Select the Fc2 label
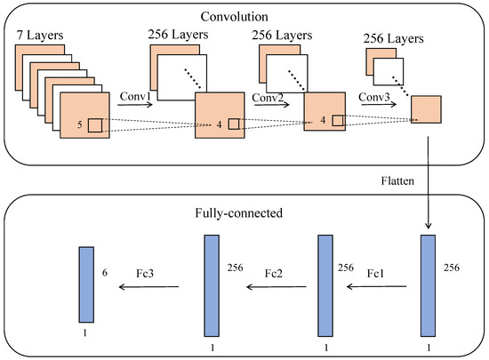point(272,276)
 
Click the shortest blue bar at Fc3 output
point(85,284)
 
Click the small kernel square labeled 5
point(95,125)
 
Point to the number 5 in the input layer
point(79,125)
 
